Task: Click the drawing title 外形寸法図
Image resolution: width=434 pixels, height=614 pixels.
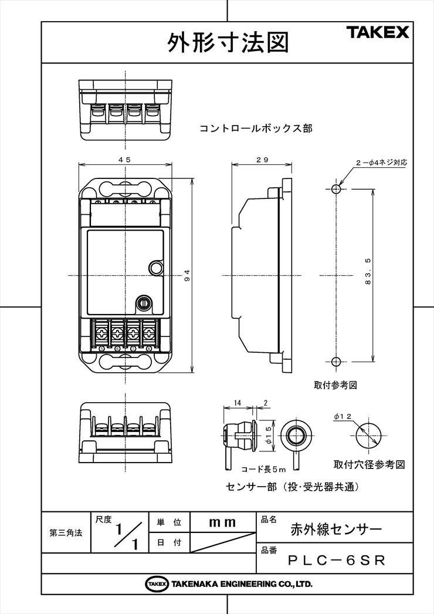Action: pyautogui.click(x=228, y=42)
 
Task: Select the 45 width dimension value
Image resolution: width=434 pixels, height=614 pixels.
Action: pyautogui.click(x=125, y=160)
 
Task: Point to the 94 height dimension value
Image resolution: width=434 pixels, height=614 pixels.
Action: pyautogui.click(x=188, y=275)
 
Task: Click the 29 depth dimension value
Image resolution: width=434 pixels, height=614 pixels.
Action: pyautogui.click(x=262, y=160)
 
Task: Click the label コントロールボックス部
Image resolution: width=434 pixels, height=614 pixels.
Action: pyautogui.click(x=256, y=129)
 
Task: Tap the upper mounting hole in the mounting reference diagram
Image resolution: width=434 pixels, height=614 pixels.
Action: pyautogui.click(x=336, y=189)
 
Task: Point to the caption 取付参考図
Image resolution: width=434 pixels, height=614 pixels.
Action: pyautogui.click(x=335, y=385)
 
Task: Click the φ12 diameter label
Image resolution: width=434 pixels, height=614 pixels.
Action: pyautogui.click(x=343, y=416)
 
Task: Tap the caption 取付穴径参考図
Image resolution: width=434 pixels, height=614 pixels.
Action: pyautogui.click(x=369, y=465)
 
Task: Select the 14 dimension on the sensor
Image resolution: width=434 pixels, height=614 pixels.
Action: pyautogui.click(x=238, y=403)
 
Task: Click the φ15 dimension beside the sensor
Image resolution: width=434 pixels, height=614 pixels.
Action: pyautogui.click(x=269, y=435)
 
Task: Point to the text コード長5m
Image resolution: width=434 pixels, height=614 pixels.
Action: pyautogui.click(x=263, y=469)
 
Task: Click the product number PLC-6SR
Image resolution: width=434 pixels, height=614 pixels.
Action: pyautogui.click(x=337, y=561)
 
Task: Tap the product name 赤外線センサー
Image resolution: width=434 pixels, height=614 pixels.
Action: pyautogui.click(x=336, y=529)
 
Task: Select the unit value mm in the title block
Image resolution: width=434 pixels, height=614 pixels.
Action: pyautogui.click(x=223, y=522)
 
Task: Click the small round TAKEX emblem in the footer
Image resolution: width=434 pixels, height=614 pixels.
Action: pyautogui.click(x=157, y=584)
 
